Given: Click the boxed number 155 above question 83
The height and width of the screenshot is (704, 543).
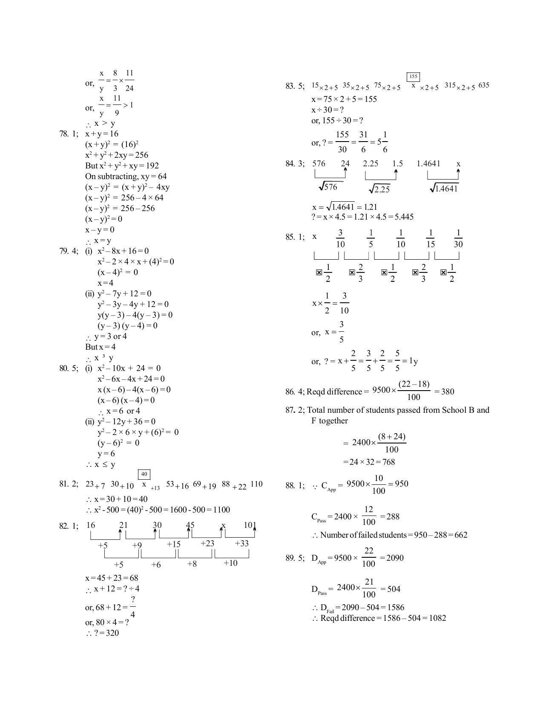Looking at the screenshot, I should tap(413, 77).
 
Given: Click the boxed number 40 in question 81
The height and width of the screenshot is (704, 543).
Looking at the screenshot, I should tap(144, 474).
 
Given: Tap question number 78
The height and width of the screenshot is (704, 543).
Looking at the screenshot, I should tap(64, 134).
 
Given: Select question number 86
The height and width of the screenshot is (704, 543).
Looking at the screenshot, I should tap(290, 391).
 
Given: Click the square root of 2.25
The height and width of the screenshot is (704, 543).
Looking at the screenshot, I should tap(379, 189).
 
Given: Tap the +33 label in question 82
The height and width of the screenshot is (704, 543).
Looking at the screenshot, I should tap(241, 543).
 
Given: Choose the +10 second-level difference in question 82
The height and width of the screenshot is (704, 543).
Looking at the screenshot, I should tap(230, 563).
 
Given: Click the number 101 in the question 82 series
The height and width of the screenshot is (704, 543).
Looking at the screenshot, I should tap(250, 525).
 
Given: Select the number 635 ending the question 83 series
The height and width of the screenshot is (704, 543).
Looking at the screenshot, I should tap(483, 85).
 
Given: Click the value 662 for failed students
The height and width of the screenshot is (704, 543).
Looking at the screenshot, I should tap(460, 535).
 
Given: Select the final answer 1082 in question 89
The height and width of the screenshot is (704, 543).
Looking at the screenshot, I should tap(436, 618).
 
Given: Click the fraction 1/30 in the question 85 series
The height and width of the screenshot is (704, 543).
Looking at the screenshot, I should tap(458, 239).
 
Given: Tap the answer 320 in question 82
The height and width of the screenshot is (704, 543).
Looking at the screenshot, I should tap(112, 633).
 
